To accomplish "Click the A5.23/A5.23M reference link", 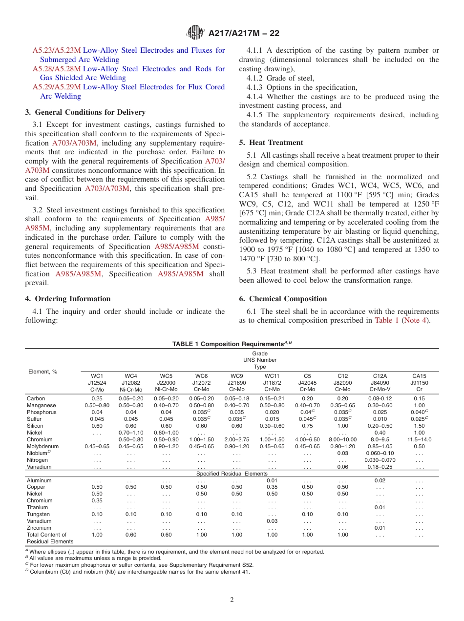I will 57,50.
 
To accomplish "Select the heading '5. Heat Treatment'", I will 271,143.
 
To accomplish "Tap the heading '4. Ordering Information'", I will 68,299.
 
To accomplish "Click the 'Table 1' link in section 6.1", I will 386,320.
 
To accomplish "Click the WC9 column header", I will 236,376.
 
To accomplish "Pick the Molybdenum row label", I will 42,446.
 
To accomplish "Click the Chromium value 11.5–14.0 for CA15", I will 419,439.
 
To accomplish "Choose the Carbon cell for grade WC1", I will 97,398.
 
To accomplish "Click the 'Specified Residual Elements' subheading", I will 232,474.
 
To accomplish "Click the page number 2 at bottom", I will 232,600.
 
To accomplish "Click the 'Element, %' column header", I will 42,372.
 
